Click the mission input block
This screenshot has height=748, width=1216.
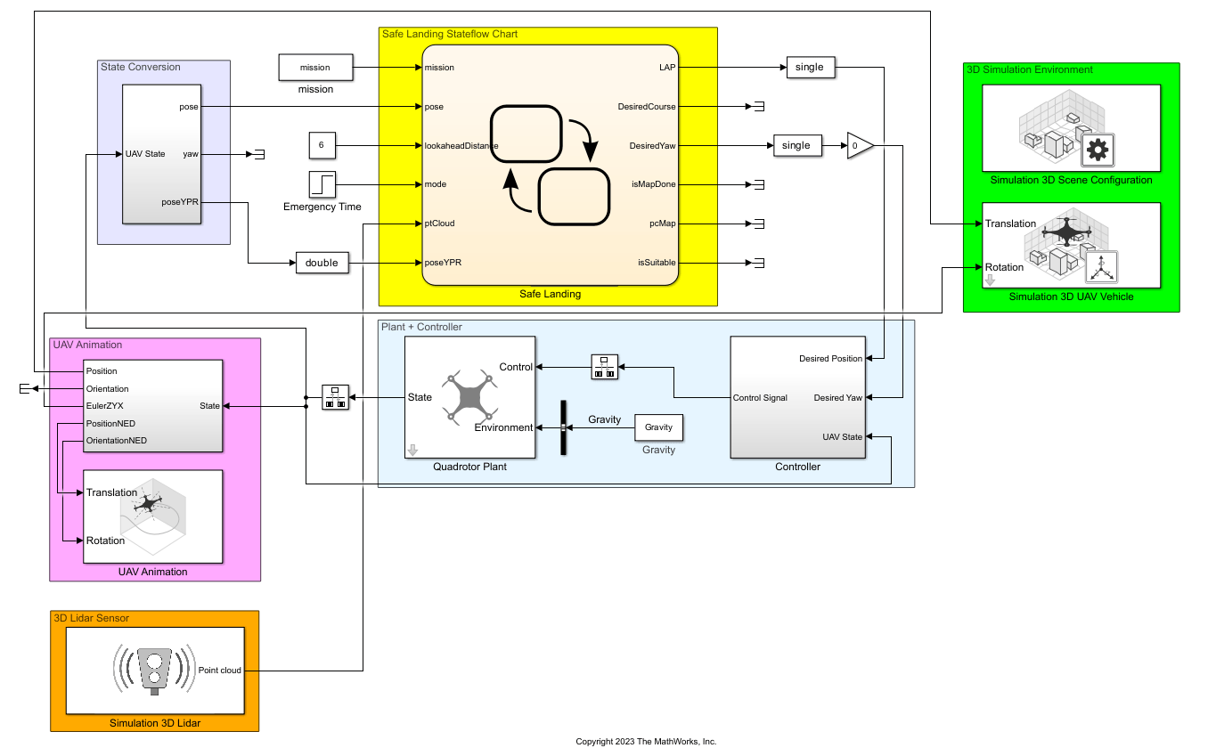316,68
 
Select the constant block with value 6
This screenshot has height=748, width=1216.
322,145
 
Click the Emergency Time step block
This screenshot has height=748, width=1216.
322,184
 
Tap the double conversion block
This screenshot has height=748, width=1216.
322,263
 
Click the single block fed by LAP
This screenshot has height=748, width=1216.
811,68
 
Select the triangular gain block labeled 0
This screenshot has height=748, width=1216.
860,145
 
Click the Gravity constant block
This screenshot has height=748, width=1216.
658,427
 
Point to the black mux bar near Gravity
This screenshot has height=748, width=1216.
564,427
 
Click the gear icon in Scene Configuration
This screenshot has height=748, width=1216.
1098,150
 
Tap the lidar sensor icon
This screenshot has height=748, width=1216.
155,671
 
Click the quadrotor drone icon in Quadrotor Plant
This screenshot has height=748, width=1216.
469,397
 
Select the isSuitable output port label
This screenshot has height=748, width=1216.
657,263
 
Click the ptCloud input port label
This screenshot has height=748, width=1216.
440,224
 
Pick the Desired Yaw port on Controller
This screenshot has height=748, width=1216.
837,398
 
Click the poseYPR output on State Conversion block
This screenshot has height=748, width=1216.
180,202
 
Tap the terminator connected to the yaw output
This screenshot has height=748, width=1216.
259,155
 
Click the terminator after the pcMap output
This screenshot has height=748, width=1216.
759,224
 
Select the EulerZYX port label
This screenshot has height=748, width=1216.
105,406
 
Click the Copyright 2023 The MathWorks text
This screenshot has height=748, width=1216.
646,742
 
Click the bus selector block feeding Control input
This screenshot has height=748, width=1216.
605,367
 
